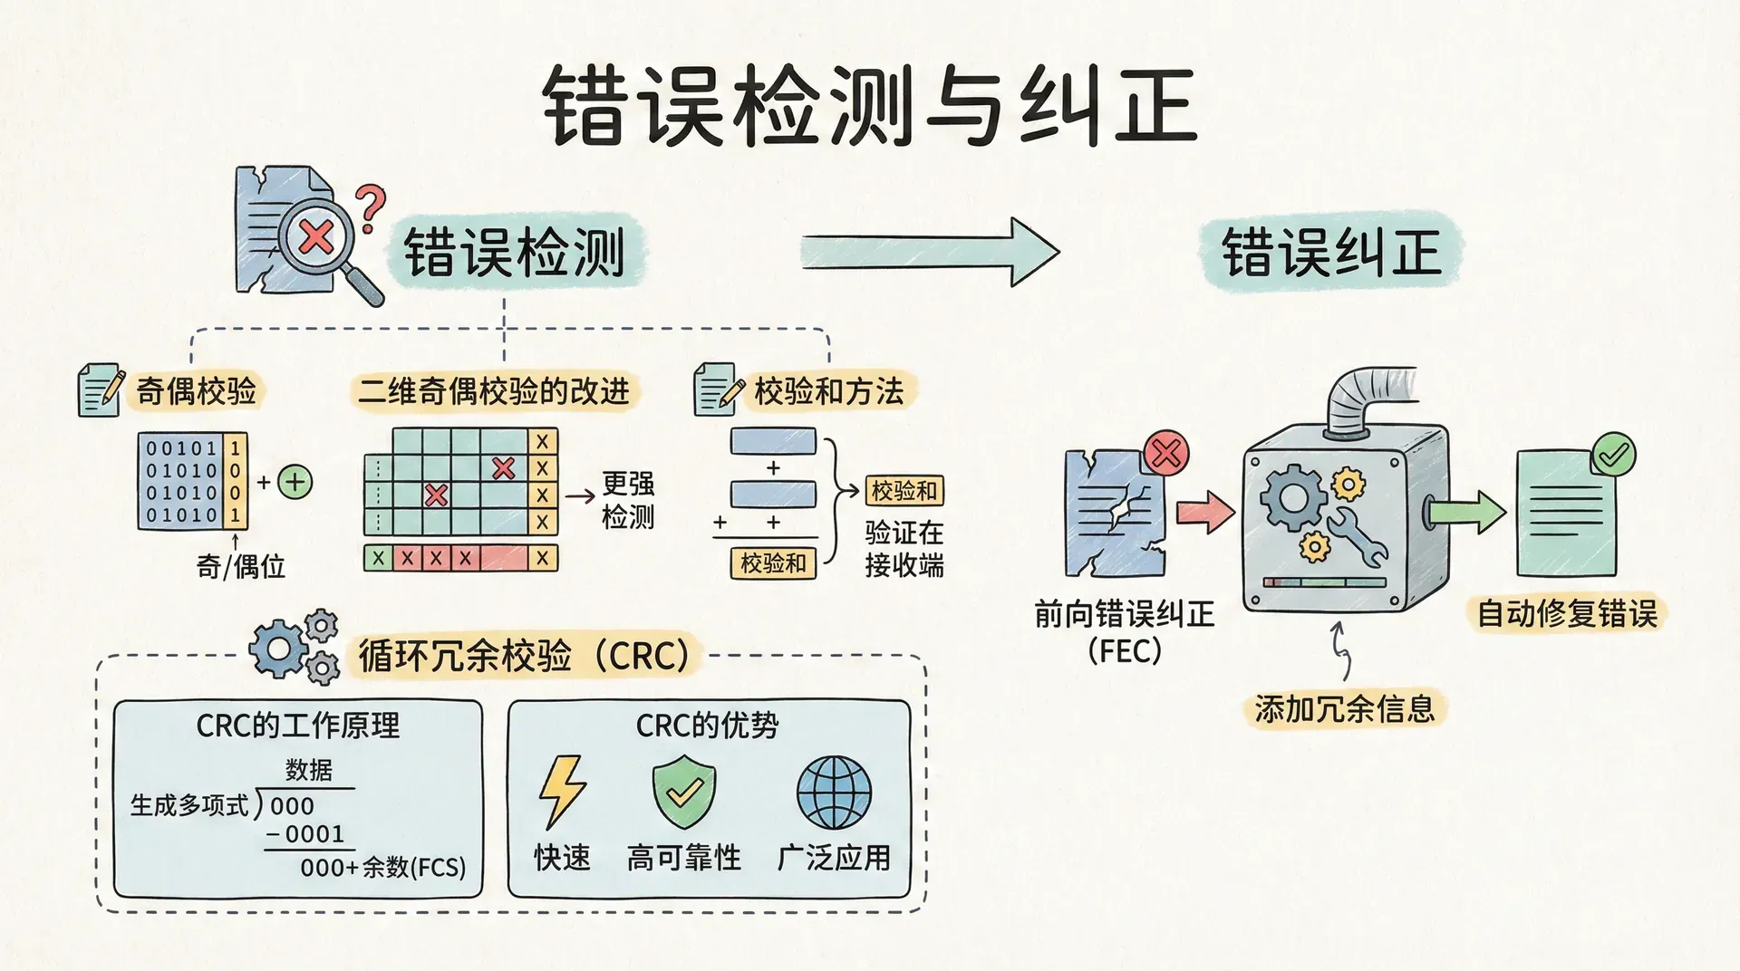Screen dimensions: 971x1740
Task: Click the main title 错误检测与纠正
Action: click(x=870, y=107)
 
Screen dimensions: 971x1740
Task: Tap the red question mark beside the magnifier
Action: click(x=370, y=208)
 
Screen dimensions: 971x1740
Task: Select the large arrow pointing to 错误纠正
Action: click(x=929, y=252)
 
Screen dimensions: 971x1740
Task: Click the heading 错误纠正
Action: click(x=1330, y=252)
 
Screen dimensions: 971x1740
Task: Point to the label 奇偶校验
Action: click(x=196, y=391)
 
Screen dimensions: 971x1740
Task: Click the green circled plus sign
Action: click(x=295, y=482)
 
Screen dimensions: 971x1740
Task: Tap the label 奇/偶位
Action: click(x=240, y=567)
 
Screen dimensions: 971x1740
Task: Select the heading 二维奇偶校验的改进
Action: click(x=494, y=391)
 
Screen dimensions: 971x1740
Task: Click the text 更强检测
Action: click(x=628, y=500)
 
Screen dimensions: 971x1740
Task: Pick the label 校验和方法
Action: click(x=828, y=391)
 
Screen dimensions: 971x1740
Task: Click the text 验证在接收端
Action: click(x=904, y=549)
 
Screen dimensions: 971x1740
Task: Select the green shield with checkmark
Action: click(x=684, y=793)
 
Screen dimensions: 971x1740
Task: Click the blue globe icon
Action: click(x=834, y=793)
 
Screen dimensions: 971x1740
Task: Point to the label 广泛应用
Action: click(x=834, y=857)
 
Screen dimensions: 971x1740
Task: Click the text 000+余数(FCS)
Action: click(x=382, y=868)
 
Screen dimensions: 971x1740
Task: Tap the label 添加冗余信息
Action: click(x=1344, y=708)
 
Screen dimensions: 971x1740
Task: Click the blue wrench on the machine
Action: click(x=1358, y=535)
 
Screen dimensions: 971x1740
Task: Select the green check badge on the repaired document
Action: click(x=1613, y=455)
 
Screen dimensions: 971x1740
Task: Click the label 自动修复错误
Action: click(x=1567, y=614)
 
